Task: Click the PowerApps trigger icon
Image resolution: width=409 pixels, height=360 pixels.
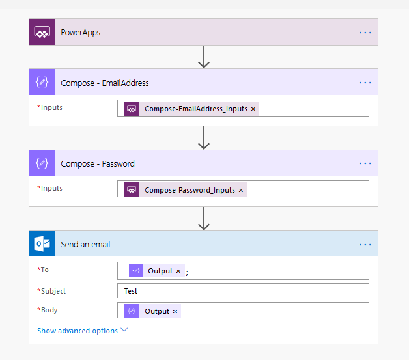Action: click(x=42, y=32)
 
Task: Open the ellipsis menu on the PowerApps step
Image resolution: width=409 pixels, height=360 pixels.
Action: click(x=365, y=32)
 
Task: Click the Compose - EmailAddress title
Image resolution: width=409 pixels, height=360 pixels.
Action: click(x=104, y=83)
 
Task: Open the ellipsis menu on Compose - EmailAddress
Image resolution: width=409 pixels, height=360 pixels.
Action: click(x=365, y=83)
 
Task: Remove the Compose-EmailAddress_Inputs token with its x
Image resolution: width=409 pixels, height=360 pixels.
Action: click(x=253, y=109)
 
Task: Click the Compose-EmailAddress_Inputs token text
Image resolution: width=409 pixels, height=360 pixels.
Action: click(x=195, y=109)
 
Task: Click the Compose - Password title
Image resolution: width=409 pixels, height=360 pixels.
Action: click(x=98, y=163)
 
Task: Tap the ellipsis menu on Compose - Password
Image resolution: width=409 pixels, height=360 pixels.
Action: click(x=365, y=163)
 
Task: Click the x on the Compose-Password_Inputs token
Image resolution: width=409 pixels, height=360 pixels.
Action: click(x=240, y=190)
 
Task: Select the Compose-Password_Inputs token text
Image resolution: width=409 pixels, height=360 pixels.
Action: click(x=190, y=190)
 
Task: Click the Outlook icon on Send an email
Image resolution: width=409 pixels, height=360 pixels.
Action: click(x=42, y=244)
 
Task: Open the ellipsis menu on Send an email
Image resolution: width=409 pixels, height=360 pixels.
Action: click(x=365, y=244)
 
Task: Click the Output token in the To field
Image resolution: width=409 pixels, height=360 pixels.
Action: click(x=160, y=271)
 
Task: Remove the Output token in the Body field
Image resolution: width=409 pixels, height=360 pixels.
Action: click(x=175, y=311)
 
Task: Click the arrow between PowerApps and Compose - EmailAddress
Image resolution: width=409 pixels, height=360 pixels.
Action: click(x=204, y=57)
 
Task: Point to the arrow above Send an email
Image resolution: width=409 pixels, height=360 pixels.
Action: click(x=204, y=218)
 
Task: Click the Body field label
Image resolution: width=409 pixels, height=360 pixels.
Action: click(x=48, y=311)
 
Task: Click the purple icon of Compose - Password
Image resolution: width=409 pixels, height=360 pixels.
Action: click(x=42, y=163)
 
